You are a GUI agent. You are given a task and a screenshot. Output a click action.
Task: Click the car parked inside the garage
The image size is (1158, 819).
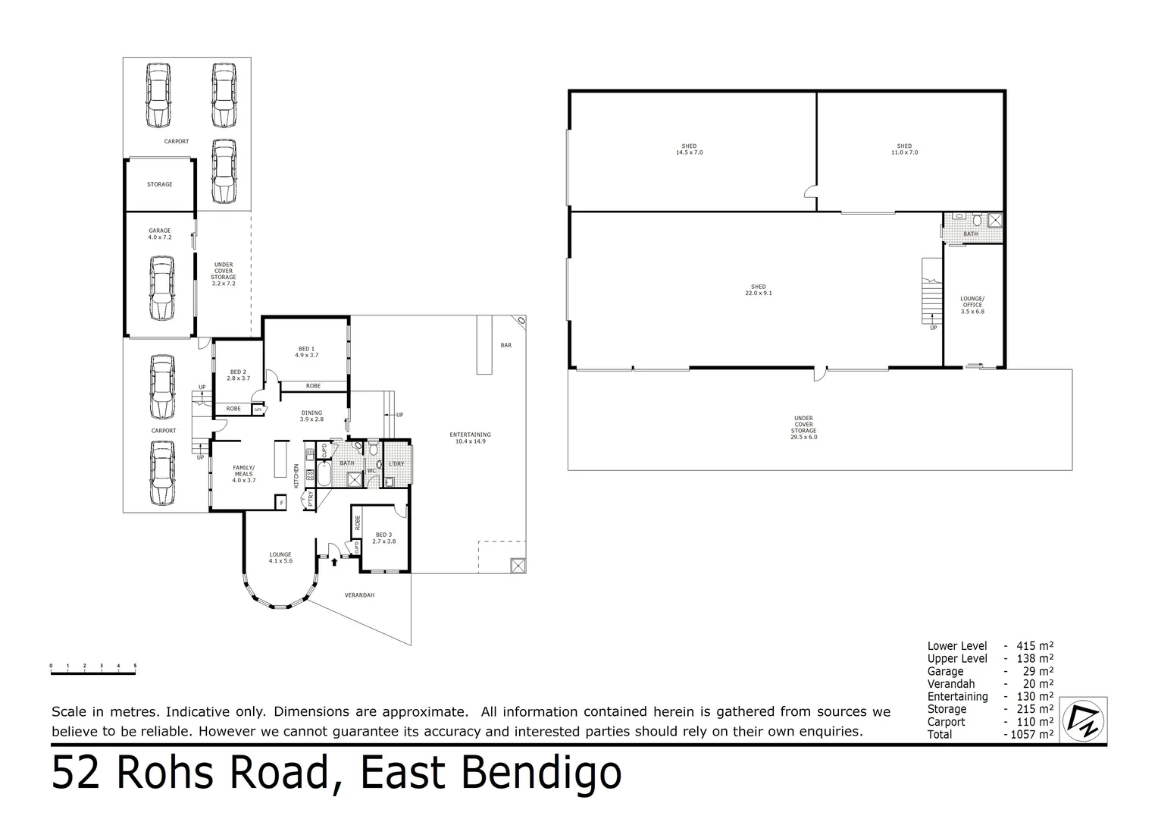[x=161, y=289]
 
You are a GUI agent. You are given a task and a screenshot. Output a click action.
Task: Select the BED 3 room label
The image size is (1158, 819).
[x=384, y=538]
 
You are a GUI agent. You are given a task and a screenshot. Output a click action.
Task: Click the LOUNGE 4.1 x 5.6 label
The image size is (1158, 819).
[x=280, y=557]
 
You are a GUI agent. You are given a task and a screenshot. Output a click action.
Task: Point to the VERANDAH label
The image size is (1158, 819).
[x=359, y=595]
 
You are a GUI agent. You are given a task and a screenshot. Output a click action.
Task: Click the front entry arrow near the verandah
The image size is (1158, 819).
[x=334, y=561]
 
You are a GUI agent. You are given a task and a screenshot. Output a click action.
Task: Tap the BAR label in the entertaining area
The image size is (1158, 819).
[x=505, y=345]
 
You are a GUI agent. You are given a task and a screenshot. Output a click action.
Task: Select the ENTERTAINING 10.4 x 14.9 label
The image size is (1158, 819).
[x=470, y=438]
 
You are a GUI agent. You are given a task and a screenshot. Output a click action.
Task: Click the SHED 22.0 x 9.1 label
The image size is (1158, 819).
[x=758, y=290]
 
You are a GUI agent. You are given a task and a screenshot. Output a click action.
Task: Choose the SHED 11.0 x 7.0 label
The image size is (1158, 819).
[x=903, y=149]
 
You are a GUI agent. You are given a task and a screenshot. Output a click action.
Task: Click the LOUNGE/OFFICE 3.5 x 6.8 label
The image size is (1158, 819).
[x=972, y=305]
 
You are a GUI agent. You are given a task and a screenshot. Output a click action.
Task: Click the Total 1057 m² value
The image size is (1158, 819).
[x=1028, y=735]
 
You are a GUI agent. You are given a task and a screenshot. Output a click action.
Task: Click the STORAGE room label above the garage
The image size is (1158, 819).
[x=159, y=184]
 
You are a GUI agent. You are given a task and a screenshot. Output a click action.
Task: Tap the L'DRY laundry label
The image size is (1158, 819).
[x=396, y=463]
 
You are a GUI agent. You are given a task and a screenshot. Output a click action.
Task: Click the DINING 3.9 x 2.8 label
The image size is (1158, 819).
[x=311, y=416]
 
